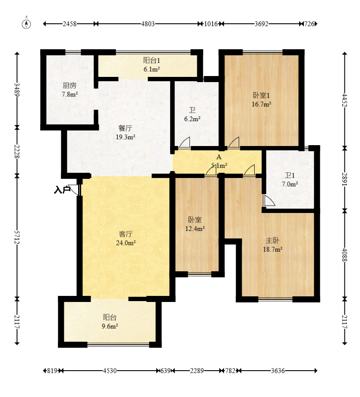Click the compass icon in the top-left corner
tap(26, 24)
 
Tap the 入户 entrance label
tap(62, 190)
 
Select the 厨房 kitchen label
tap(69, 86)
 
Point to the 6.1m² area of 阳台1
tap(152, 69)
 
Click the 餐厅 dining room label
tap(125, 128)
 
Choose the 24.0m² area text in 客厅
tap(126, 243)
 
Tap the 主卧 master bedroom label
tap(272, 241)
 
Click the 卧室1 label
tap(261, 95)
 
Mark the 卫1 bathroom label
tap(290, 175)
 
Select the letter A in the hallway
tap(219, 157)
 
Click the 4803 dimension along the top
tap(148, 24)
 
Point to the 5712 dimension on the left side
tap(17, 237)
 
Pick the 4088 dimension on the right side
tap(344, 254)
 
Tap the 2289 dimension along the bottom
tap(197, 371)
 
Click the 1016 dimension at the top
tap(211, 24)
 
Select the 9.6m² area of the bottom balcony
tap(110, 326)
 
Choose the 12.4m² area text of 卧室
tap(195, 229)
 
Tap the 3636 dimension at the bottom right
tap(278, 371)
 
